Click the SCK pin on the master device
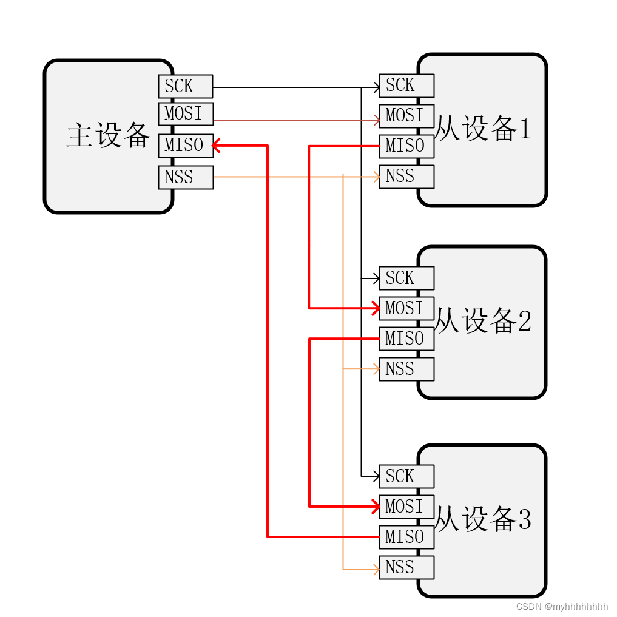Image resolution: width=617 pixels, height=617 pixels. (185, 86)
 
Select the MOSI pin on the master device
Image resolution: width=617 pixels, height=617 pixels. (185, 114)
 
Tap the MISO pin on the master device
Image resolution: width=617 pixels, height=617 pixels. (185, 146)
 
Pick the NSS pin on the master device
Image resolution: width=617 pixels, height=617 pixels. (185, 177)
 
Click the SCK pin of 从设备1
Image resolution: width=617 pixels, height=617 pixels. (406, 86)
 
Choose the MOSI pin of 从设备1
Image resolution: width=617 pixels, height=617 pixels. (406, 115)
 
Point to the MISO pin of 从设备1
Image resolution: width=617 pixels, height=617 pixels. (406, 146)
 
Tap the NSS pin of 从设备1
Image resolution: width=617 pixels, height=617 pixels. (406, 177)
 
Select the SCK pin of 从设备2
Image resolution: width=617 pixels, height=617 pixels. (406, 278)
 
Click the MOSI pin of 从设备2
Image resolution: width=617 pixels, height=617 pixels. (406, 308)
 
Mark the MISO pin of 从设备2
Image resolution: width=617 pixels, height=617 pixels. (406, 339)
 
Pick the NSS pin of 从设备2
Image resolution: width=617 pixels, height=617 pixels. (406, 369)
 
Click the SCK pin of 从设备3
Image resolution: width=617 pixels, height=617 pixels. (406, 476)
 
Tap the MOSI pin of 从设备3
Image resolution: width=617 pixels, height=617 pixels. (406, 507)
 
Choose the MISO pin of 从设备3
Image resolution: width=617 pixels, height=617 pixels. (406, 537)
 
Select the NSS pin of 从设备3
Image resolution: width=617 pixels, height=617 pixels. (406, 567)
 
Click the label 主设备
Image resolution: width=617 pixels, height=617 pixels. (108, 135)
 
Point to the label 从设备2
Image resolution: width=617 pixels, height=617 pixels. (484, 322)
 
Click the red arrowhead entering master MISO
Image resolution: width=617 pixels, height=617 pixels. (216, 145)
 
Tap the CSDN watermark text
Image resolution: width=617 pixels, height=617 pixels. (562, 606)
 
